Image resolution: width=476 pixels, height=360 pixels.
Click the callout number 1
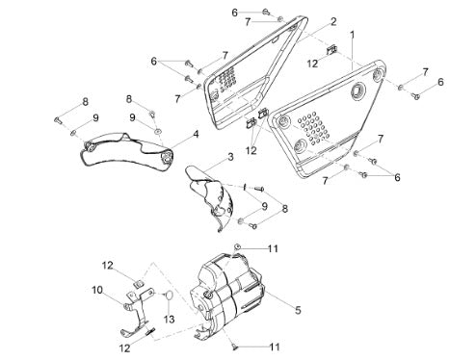coord(353,35)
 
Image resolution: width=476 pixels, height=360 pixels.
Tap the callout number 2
coord(333,22)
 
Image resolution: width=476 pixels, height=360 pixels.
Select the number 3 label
coord(230,157)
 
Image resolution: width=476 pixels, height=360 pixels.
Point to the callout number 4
coord(196,134)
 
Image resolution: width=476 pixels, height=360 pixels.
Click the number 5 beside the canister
coord(298,310)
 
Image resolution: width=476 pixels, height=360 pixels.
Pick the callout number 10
coord(97,290)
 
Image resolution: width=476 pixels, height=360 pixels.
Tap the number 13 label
coord(169,319)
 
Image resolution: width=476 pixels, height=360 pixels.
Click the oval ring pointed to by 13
coord(170,296)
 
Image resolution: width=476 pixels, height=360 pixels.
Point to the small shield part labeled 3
coord(210,197)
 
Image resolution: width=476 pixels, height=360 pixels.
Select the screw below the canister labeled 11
coord(235,347)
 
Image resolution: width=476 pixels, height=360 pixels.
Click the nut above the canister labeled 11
coord(237,246)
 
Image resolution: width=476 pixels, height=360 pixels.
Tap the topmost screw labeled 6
coord(266,13)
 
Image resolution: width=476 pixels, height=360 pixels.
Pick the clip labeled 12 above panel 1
coord(331,50)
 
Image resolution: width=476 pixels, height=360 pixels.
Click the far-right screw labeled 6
coord(416,95)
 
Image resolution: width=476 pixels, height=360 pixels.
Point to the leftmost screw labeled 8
coord(58,120)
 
